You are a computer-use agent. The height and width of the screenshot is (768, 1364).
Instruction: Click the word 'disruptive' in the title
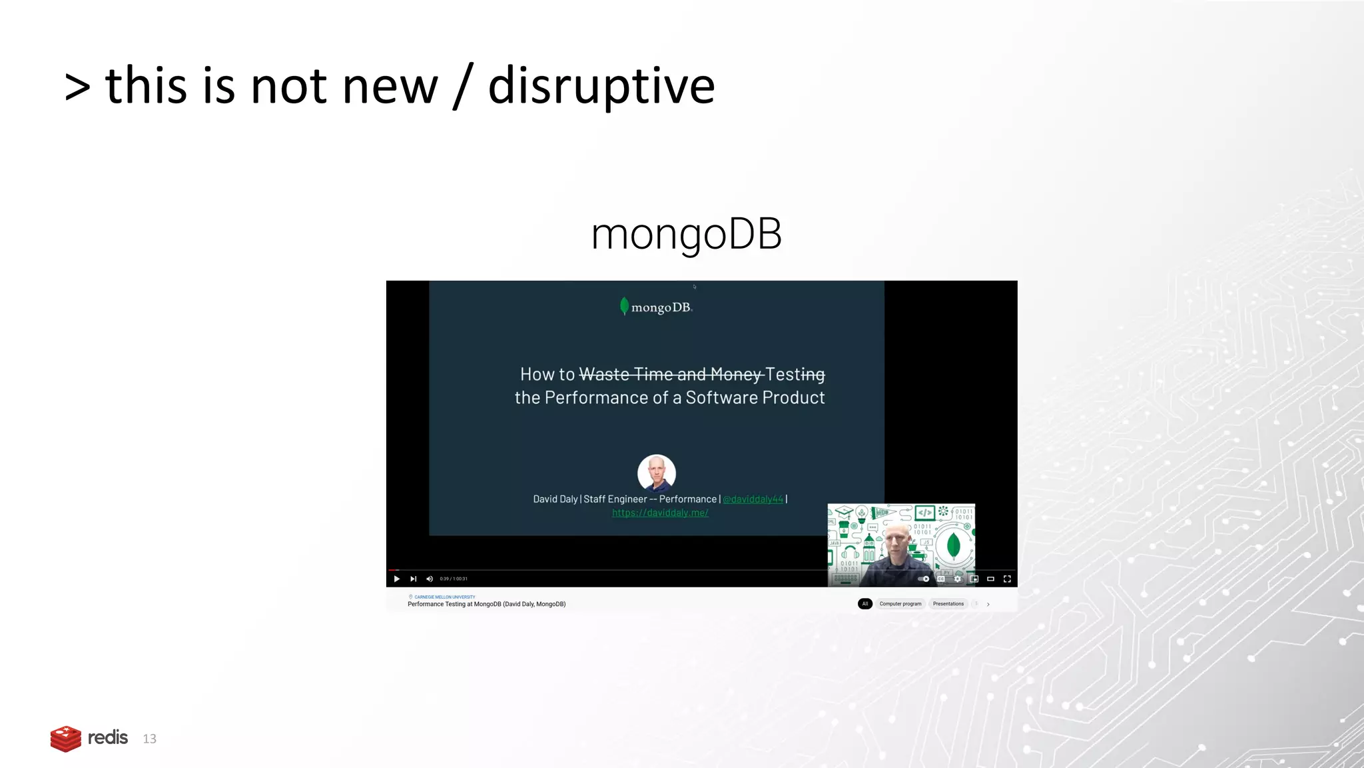[x=601, y=87]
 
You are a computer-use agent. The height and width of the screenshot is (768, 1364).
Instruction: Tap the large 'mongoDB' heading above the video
[x=686, y=234]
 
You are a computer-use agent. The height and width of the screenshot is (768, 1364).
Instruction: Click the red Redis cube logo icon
[x=65, y=739]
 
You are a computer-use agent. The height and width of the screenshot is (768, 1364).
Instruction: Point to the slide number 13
[x=150, y=739]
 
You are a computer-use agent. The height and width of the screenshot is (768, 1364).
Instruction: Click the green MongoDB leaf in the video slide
[x=624, y=306]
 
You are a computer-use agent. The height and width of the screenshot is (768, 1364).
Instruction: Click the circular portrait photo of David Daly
[x=657, y=473]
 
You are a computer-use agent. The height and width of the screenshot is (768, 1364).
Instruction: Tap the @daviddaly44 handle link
[x=753, y=499]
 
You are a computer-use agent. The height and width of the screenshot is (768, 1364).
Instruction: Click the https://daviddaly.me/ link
[x=660, y=513]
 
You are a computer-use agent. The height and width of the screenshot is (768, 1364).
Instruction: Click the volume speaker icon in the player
[x=430, y=579]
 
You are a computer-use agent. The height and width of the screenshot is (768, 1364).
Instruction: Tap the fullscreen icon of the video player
[x=1007, y=579]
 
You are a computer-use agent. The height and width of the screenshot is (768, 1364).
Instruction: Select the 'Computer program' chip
[x=900, y=604]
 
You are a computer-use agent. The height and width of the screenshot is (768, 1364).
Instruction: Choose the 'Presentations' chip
[x=948, y=604]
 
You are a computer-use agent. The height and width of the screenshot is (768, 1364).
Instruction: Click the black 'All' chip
[x=864, y=604]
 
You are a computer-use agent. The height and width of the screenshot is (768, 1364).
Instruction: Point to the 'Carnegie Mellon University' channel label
[x=445, y=597]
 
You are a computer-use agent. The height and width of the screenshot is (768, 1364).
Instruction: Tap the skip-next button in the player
[x=414, y=579]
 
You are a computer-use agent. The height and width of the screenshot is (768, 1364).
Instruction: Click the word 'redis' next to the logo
[x=108, y=737]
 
